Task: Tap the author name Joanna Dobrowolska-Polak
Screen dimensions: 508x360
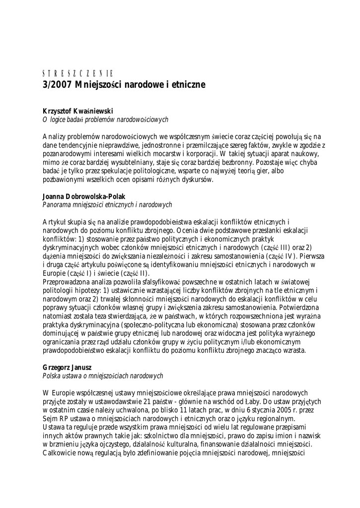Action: (84, 196)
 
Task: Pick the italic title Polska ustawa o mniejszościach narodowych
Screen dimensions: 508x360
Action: (103, 376)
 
